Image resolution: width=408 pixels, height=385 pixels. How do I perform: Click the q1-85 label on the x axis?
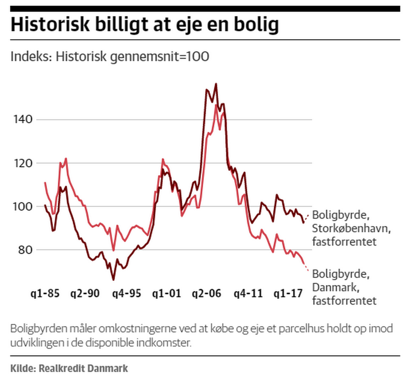(45, 294)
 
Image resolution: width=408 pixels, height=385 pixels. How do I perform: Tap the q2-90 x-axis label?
(85, 294)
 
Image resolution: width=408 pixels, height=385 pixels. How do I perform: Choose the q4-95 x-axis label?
(126, 294)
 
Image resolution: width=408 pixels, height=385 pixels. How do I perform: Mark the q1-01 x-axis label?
(167, 294)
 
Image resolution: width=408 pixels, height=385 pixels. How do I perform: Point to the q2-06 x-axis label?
(207, 294)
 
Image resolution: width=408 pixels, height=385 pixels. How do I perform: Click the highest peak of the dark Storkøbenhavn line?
(216, 84)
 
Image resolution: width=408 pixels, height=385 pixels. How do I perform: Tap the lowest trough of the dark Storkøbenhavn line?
(113, 280)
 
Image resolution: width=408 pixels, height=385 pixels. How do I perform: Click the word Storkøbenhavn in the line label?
(351, 228)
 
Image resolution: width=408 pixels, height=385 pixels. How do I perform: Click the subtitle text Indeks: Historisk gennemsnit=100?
(110, 57)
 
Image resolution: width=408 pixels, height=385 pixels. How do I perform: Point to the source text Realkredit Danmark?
(83, 368)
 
